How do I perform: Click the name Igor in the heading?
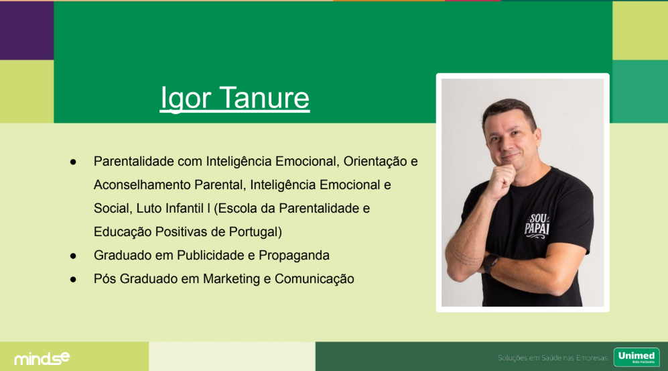(x=186, y=99)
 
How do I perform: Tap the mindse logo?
(x=42, y=358)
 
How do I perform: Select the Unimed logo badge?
(x=637, y=357)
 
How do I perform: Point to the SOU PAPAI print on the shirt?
(x=537, y=225)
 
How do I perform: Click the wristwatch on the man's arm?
(x=491, y=263)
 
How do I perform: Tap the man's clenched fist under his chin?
(x=503, y=180)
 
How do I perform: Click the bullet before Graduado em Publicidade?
(x=73, y=256)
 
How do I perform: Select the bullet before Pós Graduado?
(x=73, y=279)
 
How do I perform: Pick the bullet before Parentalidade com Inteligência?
(x=73, y=162)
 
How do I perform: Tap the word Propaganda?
(x=294, y=256)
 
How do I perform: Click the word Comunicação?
(x=314, y=279)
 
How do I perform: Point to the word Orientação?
(x=375, y=162)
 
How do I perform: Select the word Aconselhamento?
(x=142, y=185)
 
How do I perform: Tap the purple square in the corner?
(x=27, y=30)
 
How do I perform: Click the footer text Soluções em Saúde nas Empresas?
(x=553, y=358)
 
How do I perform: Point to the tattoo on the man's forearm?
(x=465, y=255)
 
